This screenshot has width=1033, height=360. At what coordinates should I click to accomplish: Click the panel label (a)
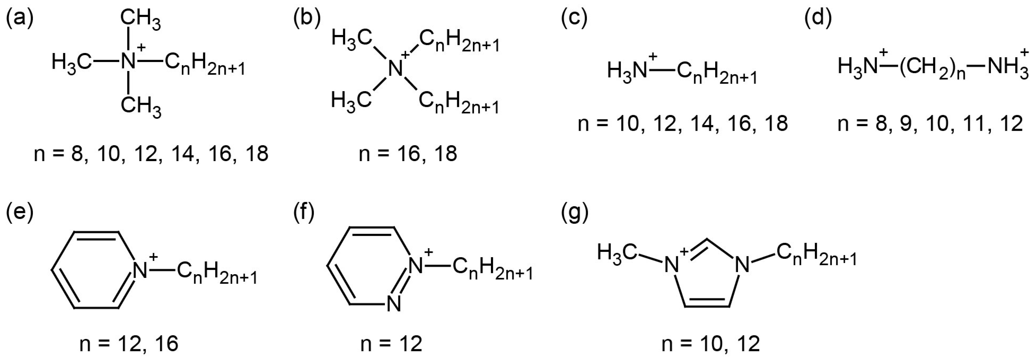pos(19,19)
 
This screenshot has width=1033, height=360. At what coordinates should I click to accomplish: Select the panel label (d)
pos(818,19)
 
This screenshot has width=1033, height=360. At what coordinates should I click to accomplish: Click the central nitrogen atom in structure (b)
pos(396,68)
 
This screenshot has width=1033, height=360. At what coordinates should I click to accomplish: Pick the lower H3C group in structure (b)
pos(351,99)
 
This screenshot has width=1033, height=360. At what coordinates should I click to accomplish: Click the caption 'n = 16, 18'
pos(408,154)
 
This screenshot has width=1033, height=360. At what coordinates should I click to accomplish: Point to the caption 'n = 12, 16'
pos(129,344)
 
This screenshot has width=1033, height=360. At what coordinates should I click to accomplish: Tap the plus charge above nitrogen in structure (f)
pos(429,252)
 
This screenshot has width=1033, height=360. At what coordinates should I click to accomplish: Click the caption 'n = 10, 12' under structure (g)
pos(711,344)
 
